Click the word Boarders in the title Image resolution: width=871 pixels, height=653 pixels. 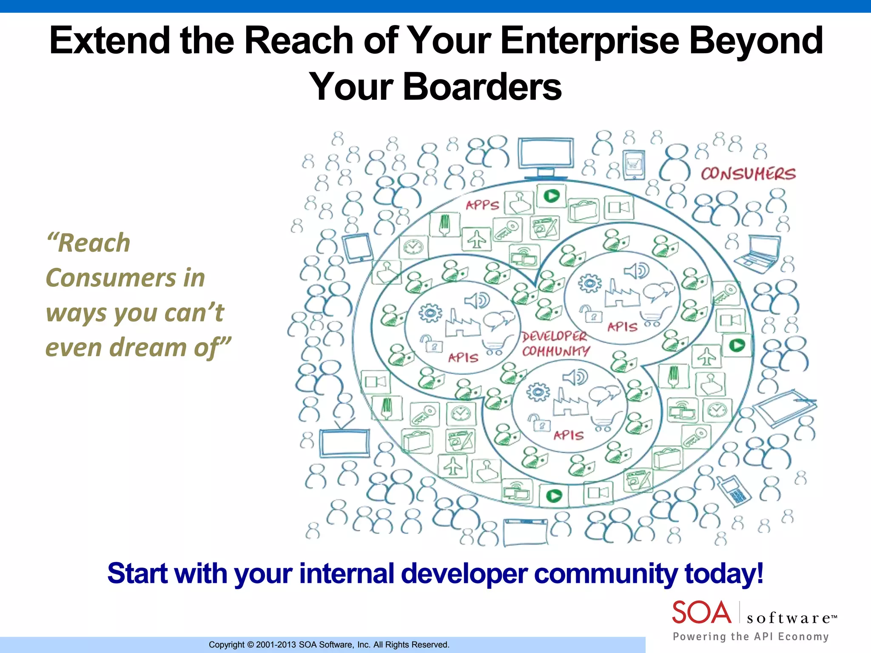click(482, 87)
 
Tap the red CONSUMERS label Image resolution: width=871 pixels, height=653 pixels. click(748, 174)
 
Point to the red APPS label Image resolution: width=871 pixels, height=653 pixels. click(482, 205)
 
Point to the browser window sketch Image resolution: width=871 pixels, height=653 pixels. click(525, 532)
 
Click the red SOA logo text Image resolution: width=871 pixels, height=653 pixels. click(701, 612)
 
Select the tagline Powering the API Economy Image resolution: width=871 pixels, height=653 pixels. click(751, 636)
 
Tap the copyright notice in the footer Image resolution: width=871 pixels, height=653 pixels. click(329, 644)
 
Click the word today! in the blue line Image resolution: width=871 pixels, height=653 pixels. click(724, 574)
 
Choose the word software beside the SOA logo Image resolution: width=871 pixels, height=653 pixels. click(788, 618)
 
